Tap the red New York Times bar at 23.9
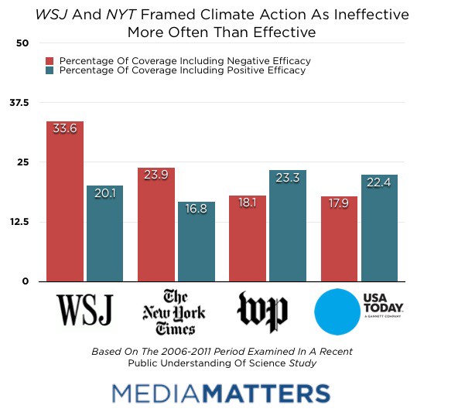pos(156,224)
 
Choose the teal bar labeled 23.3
pos(288,226)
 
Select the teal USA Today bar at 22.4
pos(379,228)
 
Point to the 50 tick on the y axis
pos(22,43)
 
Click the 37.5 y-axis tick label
pos(19,103)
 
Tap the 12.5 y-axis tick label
pos(19,222)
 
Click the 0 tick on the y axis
pos(25,281)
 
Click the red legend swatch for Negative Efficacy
pos(50,60)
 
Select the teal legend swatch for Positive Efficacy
pos(50,70)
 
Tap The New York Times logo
pos(174,311)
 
